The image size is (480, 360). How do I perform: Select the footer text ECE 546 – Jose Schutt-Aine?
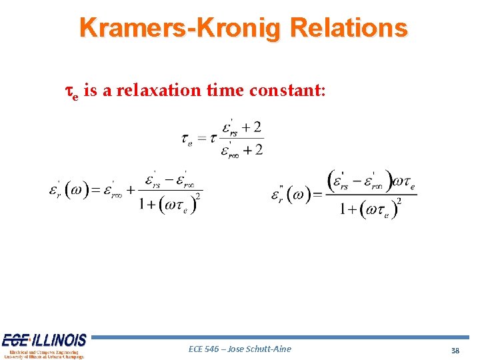(x=240, y=349)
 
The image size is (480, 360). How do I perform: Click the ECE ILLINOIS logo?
(x=44, y=345)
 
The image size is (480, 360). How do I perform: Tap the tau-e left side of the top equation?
(x=187, y=139)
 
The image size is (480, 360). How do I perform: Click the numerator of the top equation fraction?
(x=241, y=127)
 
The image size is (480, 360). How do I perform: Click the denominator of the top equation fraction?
(x=242, y=150)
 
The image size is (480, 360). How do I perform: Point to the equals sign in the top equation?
(x=201, y=139)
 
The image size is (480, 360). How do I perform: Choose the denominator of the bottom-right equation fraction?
(x=370, y=209)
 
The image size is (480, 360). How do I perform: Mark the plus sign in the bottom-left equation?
(x=131, y=191)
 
